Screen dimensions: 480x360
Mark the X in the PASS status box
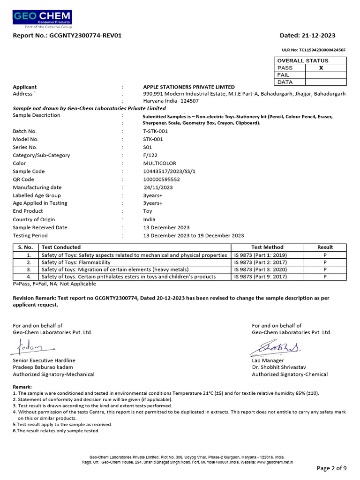(x=321, y=68)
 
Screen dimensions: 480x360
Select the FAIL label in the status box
(x=284, y=75)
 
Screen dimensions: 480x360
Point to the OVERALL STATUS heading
(x=303, y=60)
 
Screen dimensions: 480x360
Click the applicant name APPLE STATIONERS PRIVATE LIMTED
(x=189, y=87)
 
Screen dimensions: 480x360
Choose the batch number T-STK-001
(x=155, y=131)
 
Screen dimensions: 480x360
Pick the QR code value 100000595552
(x=161, y=180)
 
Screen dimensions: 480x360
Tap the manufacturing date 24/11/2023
(x=158, y=187)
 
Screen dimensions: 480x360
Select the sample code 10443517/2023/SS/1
(x=169, y=172)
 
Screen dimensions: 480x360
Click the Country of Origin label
(x=34, y=219)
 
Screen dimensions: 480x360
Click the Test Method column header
(x=267, y=247)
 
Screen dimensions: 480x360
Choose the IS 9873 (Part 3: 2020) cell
(x=261, y=270)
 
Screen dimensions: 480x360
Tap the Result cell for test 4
(x=325, y=277)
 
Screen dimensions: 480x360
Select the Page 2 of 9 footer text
(x=331, y=468)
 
